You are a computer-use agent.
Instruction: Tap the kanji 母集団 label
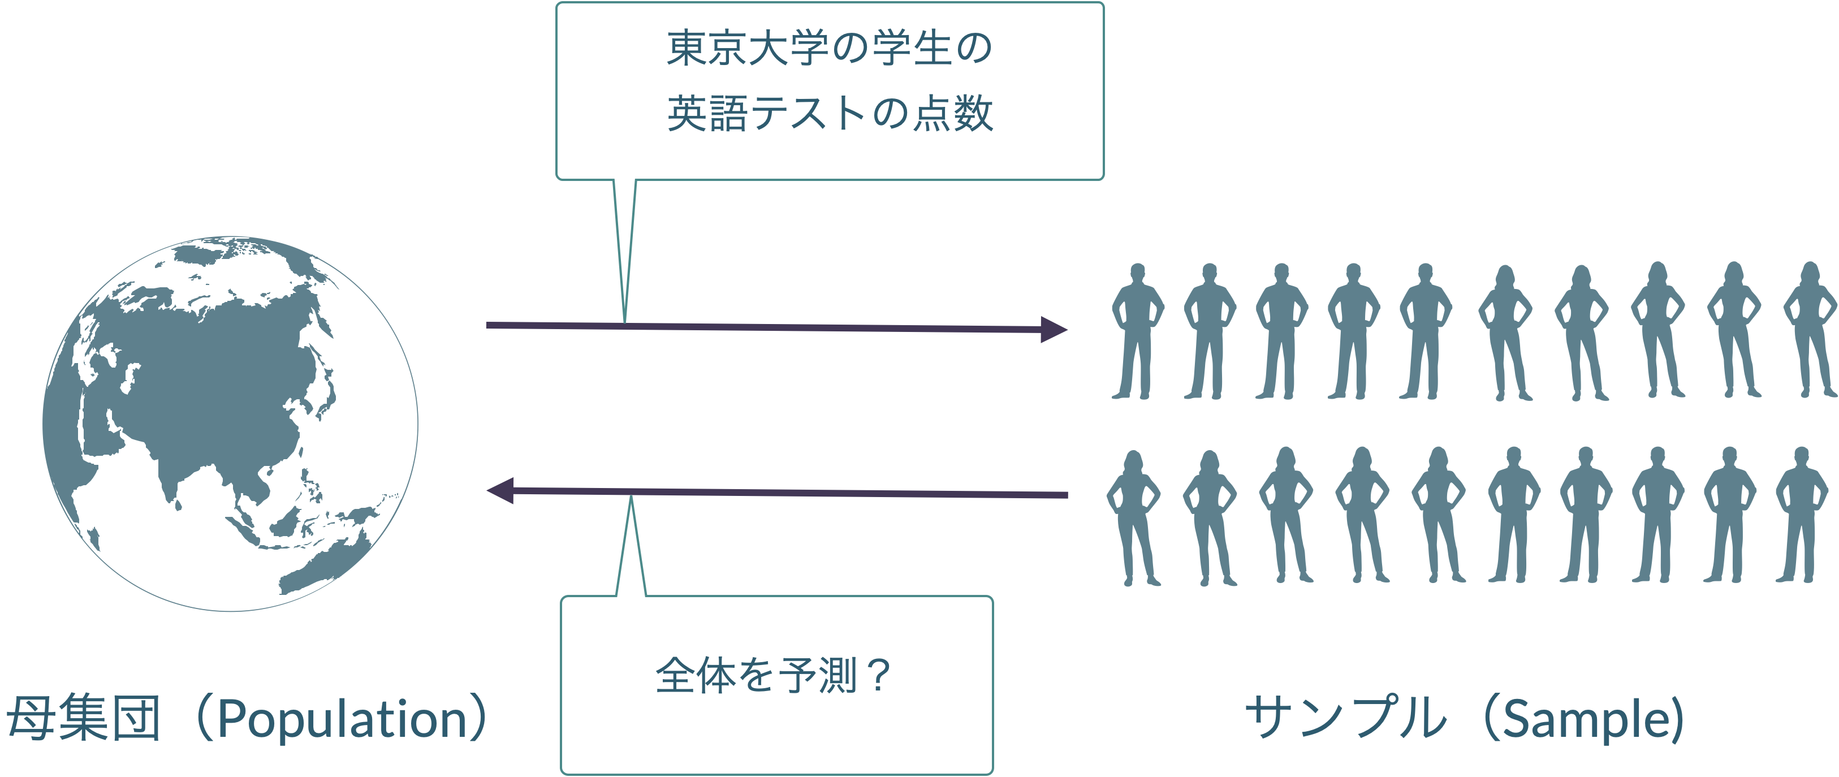[84, 718]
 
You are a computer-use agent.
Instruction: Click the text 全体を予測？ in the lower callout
[773, 675]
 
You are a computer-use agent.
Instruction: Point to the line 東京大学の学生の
[830, 49]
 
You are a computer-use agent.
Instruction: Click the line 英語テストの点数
[830, 114]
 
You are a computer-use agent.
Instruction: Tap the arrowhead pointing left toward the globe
[500, 491]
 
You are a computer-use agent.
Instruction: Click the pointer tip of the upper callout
[625, 323]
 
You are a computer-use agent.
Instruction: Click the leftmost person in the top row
[1137, 331]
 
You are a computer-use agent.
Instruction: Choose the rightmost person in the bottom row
[1801, 514]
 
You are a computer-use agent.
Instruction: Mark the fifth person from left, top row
[1425, 331]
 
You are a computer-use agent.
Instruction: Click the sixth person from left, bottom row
[1513, 514]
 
